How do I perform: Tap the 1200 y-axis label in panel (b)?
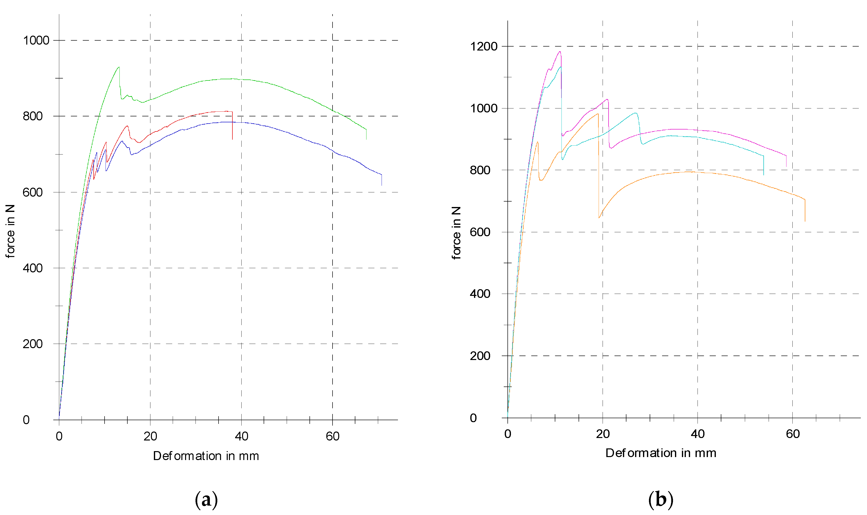[x=483, y=46]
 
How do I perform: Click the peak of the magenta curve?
[x=559, y=52]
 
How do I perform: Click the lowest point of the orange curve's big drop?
[x=599, y=218]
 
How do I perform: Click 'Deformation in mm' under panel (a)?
[x=206, y=456]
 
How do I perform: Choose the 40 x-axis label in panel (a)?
[x=241, y=436]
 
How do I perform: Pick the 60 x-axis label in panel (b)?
[x=793, y=434]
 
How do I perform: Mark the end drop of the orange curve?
[x=805, y=210]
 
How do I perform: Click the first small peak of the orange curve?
[x=537, y=142]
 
